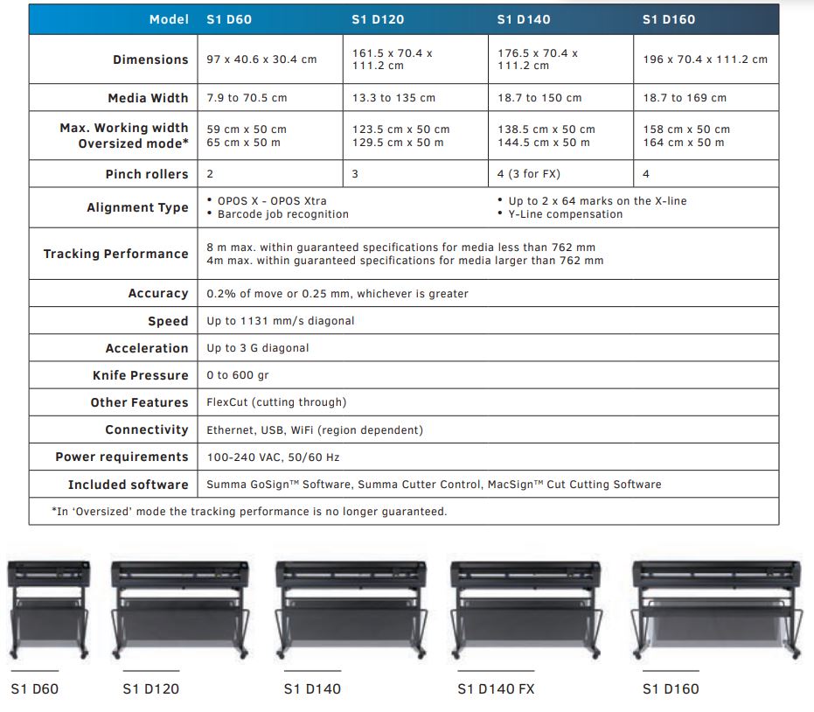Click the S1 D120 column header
coord(378,20)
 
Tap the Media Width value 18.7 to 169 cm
coord(685,98)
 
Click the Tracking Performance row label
coord(115,254)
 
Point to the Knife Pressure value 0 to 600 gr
coord(238,375)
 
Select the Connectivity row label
coord(147,429)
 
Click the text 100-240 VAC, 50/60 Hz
coord(273,457)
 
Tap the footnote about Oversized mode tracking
coord(249,512)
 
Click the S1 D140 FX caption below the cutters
coord(496,689)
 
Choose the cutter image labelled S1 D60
coord(48,610)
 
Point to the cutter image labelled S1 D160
coord(717,611)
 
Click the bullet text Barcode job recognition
coord(283,214)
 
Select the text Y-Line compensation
coord(566,214)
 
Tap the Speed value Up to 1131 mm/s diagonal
coord(281,321)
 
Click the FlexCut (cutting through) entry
coord(276,402)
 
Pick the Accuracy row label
coord(158,293)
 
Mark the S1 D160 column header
coord(669,20)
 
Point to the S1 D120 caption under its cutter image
coord(151,689)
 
